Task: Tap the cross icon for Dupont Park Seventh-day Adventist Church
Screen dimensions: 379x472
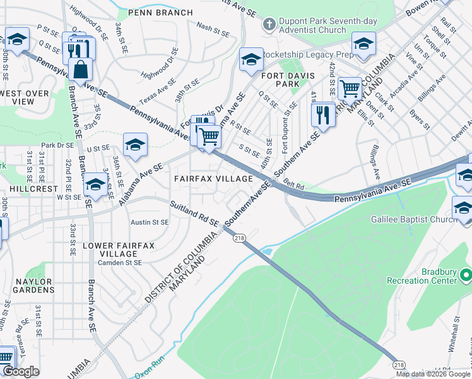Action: click(269, 25)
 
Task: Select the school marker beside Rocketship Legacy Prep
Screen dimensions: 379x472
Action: click(251, 61)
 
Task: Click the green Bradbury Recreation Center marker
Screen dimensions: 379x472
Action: click(466, 275)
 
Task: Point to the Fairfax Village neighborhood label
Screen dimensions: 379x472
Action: click(214, 179)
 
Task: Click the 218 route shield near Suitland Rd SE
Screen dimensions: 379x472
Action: click(239, 238)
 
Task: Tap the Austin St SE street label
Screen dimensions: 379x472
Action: click(150, 222)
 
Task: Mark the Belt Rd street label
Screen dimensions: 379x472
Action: click(293, 186)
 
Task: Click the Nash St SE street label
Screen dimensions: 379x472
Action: click(211, 27)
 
